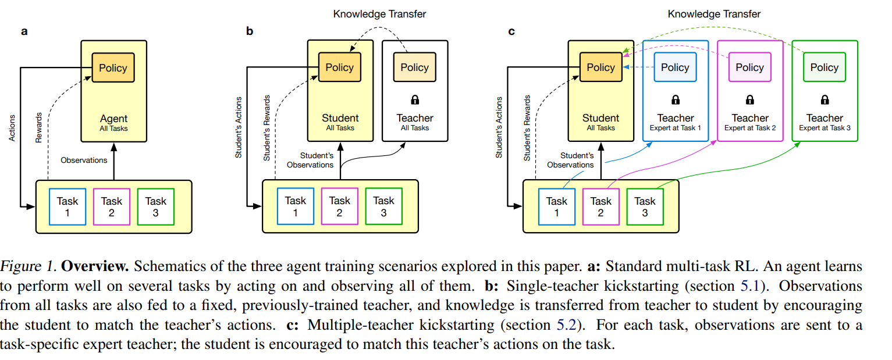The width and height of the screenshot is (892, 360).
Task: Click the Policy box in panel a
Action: (113, 67)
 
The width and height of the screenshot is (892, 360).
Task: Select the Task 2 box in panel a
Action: (112, 206)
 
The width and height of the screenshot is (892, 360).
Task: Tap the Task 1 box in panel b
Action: (296, 206)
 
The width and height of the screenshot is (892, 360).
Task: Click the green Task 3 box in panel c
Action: (645, 206)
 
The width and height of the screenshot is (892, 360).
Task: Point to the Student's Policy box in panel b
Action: (340, 67)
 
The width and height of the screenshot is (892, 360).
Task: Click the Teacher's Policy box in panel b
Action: (414, 67)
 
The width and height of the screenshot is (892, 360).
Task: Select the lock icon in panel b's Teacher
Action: (415, 99)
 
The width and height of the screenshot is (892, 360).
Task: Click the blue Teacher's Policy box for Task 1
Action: (675, 67)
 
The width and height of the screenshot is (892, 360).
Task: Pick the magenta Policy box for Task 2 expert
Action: (749, 67)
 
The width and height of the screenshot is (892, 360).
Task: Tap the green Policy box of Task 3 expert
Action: (824, 67)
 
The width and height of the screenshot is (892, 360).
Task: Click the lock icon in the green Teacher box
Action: (825, 99)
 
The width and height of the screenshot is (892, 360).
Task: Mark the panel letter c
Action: (511, 31)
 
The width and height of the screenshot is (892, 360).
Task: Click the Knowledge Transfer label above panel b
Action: (379, 13)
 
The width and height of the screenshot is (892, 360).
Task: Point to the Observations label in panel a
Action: (84, 159)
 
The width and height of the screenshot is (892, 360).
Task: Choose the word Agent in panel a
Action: (113, 118)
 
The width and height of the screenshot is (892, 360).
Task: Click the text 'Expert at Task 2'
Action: (750, 128)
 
